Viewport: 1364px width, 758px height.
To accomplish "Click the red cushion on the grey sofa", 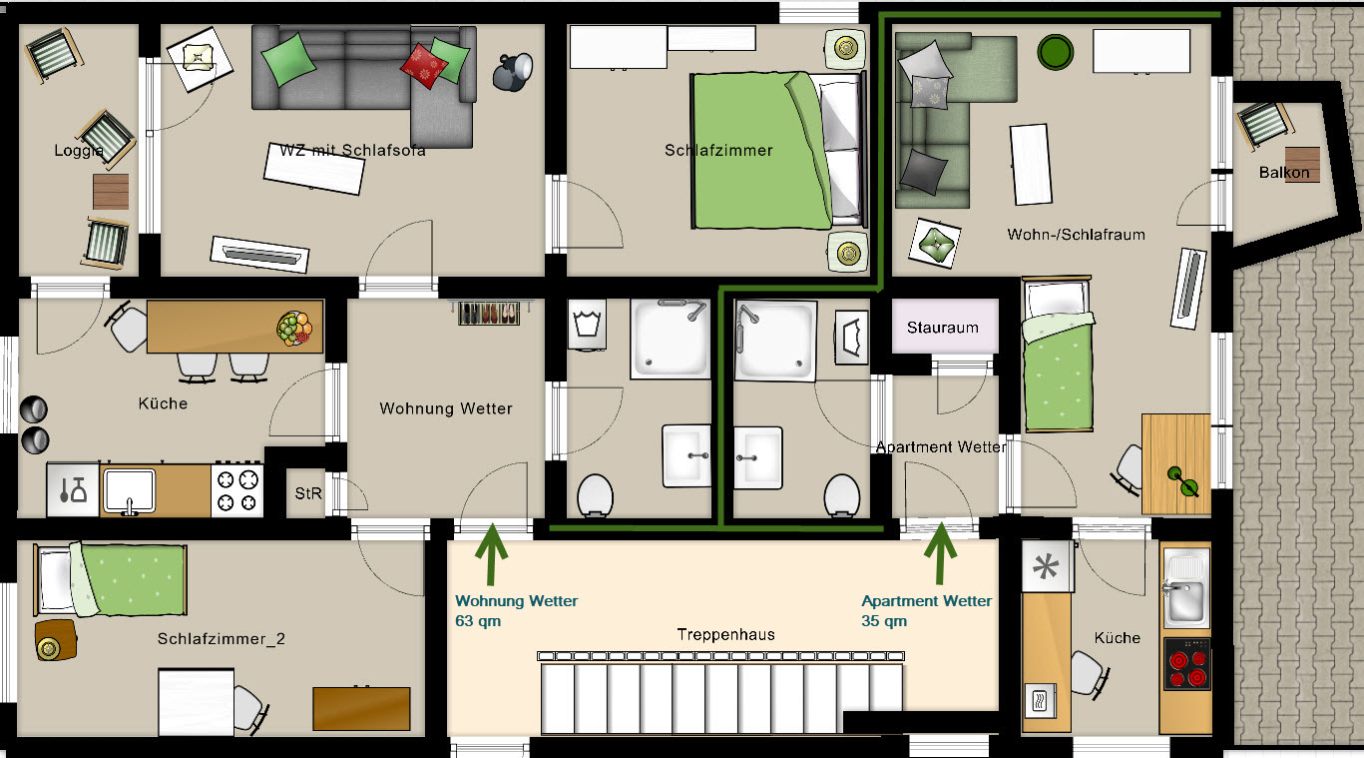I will click(x=424, y=66).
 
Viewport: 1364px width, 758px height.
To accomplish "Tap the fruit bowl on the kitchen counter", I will click(x=293, y=328).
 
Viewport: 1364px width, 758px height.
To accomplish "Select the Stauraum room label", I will click(x=943, y=328).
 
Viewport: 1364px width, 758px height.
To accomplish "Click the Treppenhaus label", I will click(x=725, y=635).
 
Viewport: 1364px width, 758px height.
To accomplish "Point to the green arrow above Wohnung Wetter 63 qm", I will click(x=490, y=555).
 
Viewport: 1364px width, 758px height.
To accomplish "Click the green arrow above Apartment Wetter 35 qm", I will click(x=940, y=555).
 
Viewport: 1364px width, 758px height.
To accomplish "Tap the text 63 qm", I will click(x=478, y=621).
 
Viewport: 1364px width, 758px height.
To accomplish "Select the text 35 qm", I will click(x=884, y=621).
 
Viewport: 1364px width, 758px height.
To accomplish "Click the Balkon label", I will click(x=1283, y=173).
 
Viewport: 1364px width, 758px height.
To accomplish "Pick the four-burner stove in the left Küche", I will click(x=237, y=490).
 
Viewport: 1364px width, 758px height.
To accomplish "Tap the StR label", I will click(x=308, y=493).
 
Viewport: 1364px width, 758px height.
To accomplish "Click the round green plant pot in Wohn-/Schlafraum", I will click(x=1055, y=51).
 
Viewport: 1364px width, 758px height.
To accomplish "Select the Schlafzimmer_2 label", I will click(x=222, y=639).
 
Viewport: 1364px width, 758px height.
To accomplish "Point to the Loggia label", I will click(x=79, y=152).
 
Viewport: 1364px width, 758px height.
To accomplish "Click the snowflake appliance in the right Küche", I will click(x=1047, y=568).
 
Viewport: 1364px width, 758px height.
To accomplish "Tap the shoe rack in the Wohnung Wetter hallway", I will click(x=488, y=313).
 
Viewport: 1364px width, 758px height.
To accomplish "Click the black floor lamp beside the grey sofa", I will click(x=514, y=71).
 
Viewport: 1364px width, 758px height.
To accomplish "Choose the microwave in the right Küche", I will click(x=1040, y=699).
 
